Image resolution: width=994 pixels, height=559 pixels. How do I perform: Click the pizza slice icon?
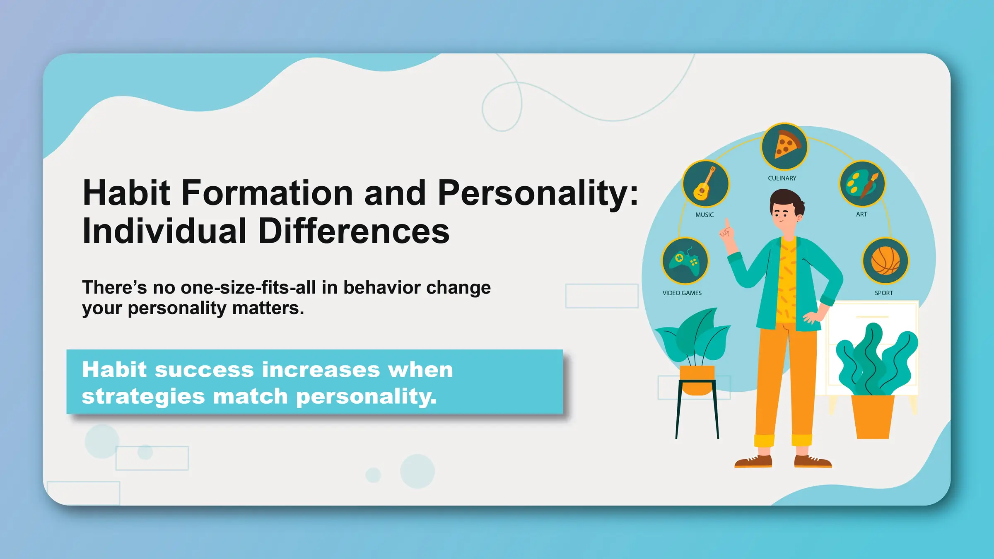click(x=784, y=146)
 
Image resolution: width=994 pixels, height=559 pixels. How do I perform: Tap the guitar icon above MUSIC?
click(x=705, y=183)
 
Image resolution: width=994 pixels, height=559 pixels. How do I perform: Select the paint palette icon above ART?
click(x=862, y=184)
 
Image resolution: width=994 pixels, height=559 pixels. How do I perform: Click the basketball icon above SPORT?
click(x=885, y=261)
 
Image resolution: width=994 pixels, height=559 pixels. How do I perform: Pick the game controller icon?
click(x=685, y=261)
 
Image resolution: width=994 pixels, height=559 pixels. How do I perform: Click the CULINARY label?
click(x=782, y=178)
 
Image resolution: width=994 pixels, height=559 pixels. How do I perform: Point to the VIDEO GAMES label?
click(x=682, y=293)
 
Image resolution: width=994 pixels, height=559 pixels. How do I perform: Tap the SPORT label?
click(x=883, y=293)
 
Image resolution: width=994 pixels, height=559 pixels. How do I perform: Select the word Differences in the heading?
click(x=354, y=231)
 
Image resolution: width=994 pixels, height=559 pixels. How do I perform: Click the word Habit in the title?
click(x=126, y=193)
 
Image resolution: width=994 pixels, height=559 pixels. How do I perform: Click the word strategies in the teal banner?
click(x=143, y=396)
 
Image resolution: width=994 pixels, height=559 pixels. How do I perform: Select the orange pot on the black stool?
click(x=697, y=379)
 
